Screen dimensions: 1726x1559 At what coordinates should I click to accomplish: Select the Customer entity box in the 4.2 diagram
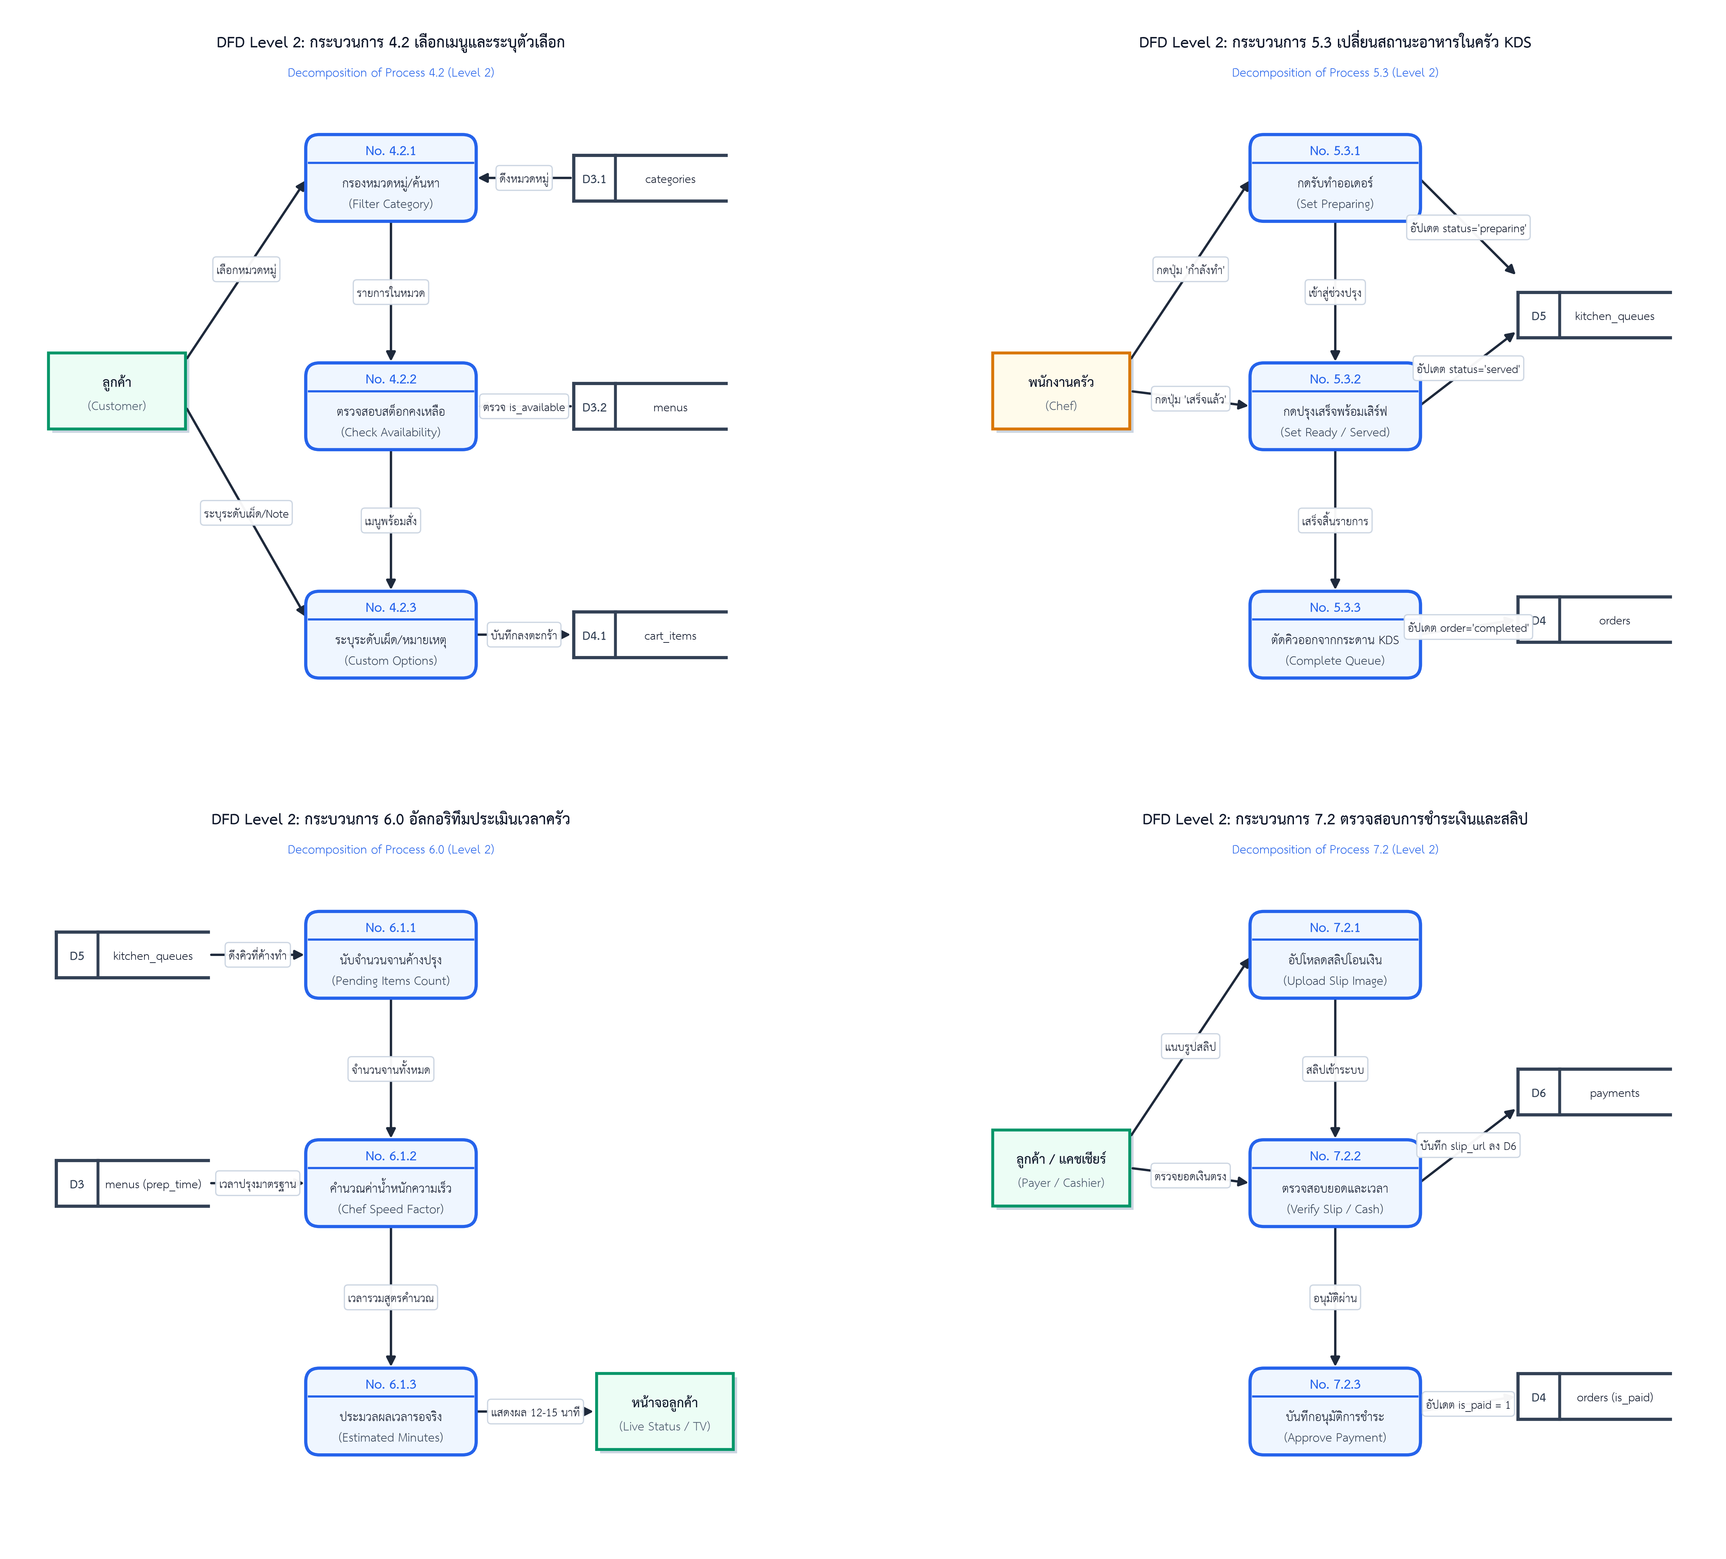click(117, 391)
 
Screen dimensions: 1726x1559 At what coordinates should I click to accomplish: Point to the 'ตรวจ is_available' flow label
click(524, 407)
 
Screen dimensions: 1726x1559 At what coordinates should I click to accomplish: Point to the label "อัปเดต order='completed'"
click(1467, 627)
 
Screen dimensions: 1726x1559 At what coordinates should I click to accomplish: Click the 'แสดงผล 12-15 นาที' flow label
click(535, 1412)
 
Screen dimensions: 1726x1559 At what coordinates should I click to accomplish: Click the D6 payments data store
click(1594, 1092)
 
